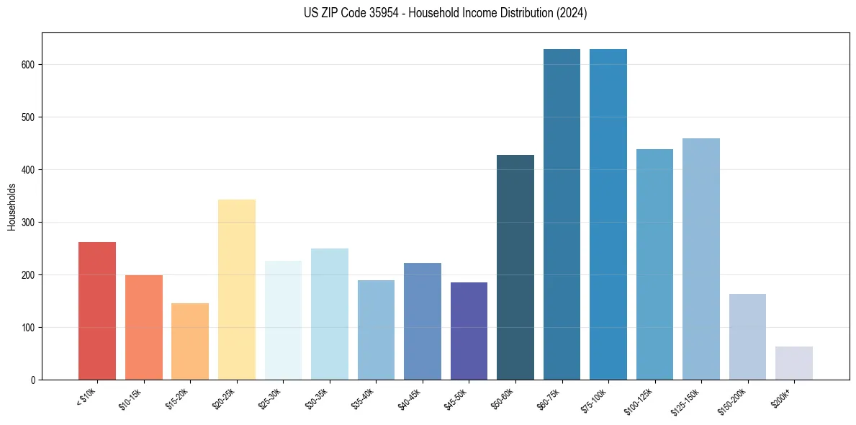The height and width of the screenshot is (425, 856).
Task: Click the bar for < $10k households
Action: pyautogui.click(x=97, y=310)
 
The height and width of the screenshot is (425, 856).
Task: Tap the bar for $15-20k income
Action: pyautogui.click(x=190, y=341)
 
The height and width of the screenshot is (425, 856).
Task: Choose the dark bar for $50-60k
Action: pyautogui.click(x=515, y=267)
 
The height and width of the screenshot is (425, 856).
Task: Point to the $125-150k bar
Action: pyautogui.click(x=701, y=259)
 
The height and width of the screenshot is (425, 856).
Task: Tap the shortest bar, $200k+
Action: pyautogui.click(x=794, y=363)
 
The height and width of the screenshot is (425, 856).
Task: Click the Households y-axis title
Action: pyautogui.click(x=12, y=206)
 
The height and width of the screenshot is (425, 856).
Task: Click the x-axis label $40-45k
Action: pyautogui.click(x=410, y=399)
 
